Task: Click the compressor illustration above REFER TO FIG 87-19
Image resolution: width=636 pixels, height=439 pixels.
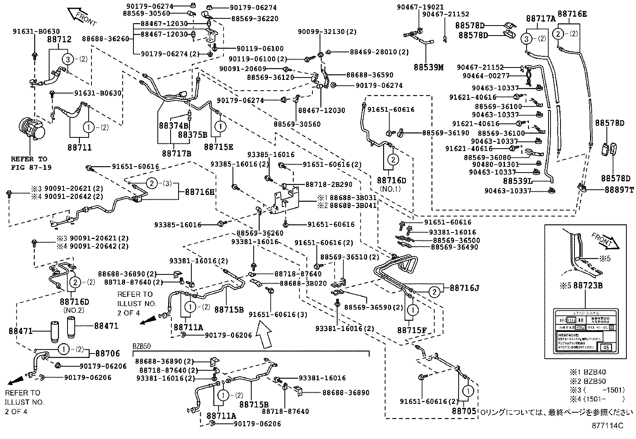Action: [x=32, y=129]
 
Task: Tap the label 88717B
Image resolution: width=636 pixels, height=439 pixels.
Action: [x=177, y=153]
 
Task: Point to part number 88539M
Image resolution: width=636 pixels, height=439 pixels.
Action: [x=429, y=68]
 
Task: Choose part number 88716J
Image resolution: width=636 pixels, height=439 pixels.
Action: [x=464, y=288]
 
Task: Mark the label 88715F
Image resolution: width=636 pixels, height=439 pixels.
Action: [x=411, y=330]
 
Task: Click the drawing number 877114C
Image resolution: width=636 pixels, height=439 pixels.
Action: [x=607, y=426]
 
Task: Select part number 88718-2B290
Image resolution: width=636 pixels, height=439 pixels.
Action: [x=329, y=185]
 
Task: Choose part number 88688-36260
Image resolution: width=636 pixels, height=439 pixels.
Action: [x=105, y=39]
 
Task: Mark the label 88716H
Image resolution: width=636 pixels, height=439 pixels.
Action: [x=199, y=192]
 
